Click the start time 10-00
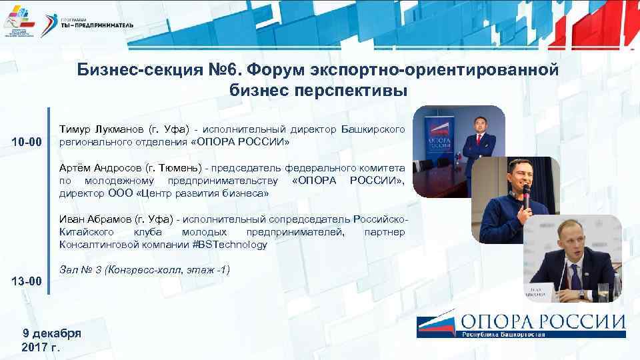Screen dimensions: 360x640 pyautogui.click(x=27, y=143)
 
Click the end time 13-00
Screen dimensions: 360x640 pyautogui.click(x=27, y=281)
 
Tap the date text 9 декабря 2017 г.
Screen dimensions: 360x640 pyautogui.click(x=51, y=340)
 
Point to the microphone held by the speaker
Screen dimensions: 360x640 pyautogui.click(x=526, y=193)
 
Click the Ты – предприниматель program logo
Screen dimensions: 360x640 pyautogui.click(x=97, y=21)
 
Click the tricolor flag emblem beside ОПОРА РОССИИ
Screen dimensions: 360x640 pyautogui.click(x=436, y=324)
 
